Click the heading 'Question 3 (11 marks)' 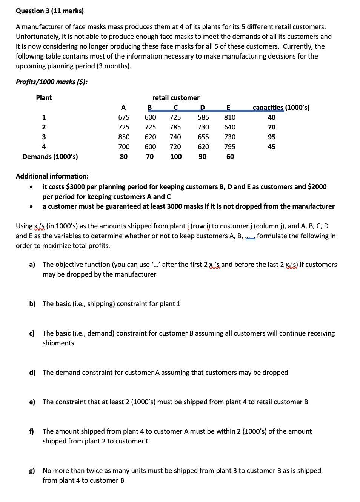[50, 11]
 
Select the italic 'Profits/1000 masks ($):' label [52, 82]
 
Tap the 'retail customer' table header [176, 98]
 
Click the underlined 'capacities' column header [268, 108]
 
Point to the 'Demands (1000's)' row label [50, 157]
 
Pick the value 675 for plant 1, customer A [124, 117]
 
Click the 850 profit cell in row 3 [124, 137]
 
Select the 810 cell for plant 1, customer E [229, 117]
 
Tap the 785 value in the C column [175, 127]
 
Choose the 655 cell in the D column [203, 137]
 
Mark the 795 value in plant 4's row [229, 147]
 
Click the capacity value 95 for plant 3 [271, 137]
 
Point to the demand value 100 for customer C [176, 157]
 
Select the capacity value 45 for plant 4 [271, 147]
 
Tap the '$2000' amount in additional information [317, 187]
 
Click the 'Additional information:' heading [52, 176]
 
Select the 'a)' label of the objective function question [32, 265]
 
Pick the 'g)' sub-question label [32, 471]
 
